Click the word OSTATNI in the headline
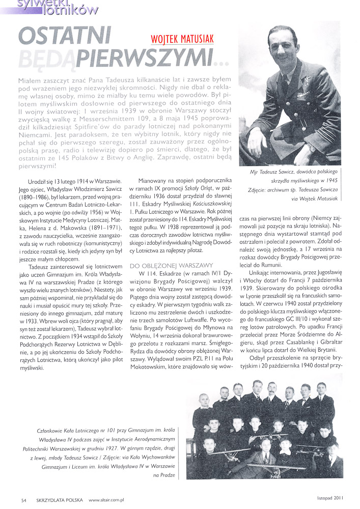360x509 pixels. pos(65,36)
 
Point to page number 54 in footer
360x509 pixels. pos(23,500)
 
